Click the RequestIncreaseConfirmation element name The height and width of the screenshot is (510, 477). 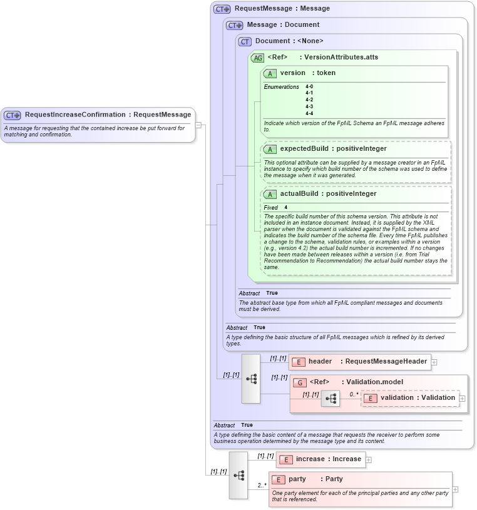click(x=74, y=115)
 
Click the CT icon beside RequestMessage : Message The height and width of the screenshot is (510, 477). click(x=222, y=9)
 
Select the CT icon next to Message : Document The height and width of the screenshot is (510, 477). click(x=235, y=26)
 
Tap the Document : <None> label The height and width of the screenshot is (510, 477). click(x=289, y=41)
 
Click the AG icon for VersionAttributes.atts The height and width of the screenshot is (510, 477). click(x=257, y=58)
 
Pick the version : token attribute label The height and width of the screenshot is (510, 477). click(x=307, y=73)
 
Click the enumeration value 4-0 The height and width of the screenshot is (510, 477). click(x=309, y=86)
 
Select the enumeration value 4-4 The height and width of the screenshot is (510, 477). click(x=309, y=113)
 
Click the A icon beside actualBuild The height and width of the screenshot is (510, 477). click(x=270, y=194)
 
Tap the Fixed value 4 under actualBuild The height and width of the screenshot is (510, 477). click(x=286, y=207)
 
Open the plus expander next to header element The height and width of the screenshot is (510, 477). click(x=434, y=362)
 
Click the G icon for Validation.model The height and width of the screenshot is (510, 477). click(x=300, y=382)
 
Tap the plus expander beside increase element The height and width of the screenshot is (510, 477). click(x=369, y=460)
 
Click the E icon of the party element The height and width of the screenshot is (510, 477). click(x=279, y=479)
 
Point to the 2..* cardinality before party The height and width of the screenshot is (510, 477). click(x=262, y=484)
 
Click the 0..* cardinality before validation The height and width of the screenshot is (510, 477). click(x=354, y=394)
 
